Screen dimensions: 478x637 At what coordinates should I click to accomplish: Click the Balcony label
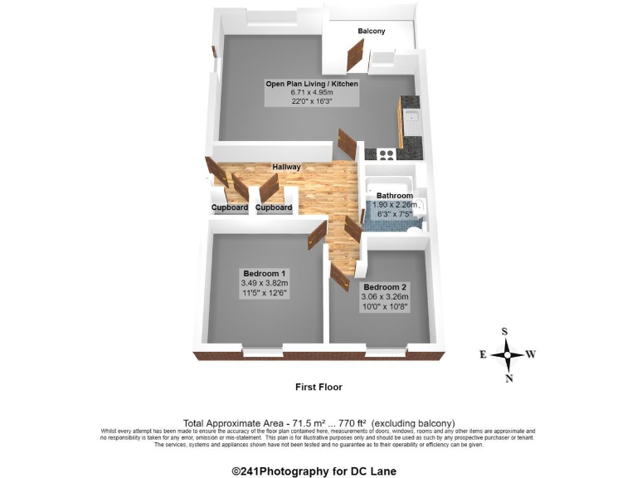[x=372, y=32]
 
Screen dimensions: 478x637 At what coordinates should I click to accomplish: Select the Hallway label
[x=286, y=168]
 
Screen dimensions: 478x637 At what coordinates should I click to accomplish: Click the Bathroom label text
[x=395, y=196]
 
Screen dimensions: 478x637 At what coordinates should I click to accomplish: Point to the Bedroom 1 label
[x=265, y=273]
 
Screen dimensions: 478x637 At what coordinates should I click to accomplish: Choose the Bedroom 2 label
[x=384, y=286]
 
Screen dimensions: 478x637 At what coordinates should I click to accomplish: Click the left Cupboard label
[x=230, y=207]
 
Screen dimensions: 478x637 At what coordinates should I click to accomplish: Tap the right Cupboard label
[x=274, y=207]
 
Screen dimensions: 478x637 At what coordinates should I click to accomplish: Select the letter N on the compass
[x=508, y=379]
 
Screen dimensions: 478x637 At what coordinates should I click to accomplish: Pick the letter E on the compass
[x=482, y=354]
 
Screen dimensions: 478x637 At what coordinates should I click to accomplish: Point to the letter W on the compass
[x=531, y=354]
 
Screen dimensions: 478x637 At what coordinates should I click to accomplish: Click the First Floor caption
[x=318, y=387]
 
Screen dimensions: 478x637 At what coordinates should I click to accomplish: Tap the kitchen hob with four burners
[x=387, y=154]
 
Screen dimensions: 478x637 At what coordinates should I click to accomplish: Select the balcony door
[x=357, y=59]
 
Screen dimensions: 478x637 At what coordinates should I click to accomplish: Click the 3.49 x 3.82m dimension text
[x=265, y=283]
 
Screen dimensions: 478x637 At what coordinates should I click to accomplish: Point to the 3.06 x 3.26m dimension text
[x=384, y=296]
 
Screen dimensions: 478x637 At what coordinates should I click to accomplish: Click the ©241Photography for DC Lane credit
[x=314, y=471]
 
